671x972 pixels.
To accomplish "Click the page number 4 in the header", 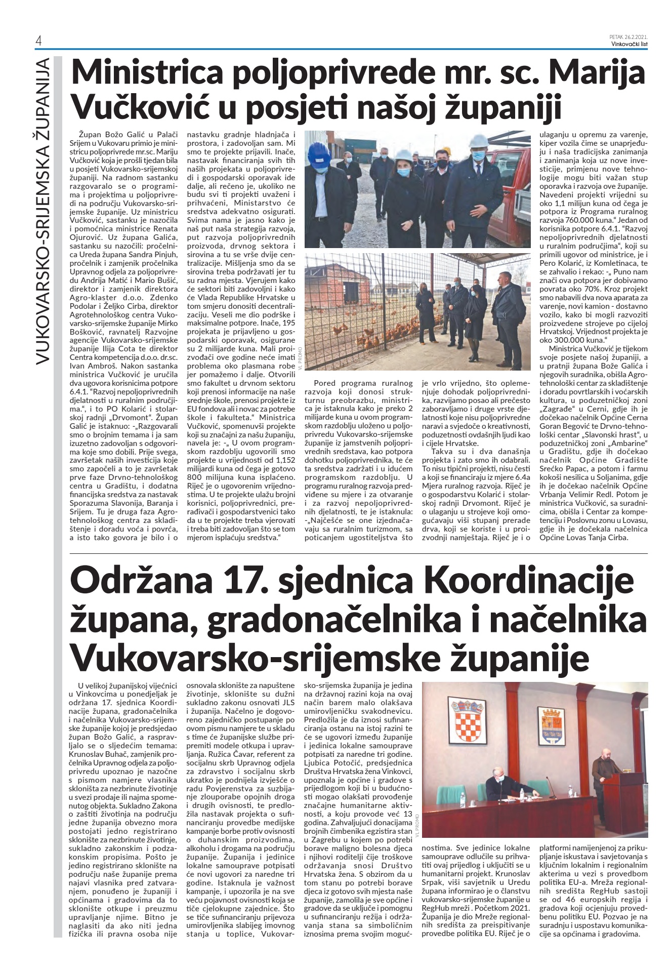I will click(x=38, y=41).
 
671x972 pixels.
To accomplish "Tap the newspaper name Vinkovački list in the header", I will click(x=629, y=44).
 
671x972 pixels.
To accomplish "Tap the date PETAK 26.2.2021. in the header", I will click(x=628, y=36).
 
